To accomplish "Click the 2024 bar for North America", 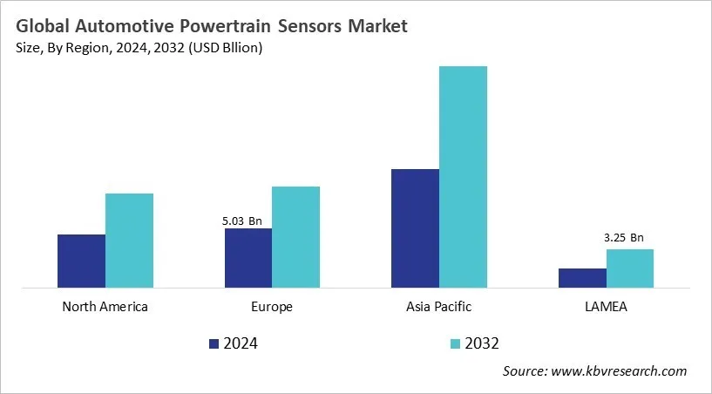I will coord(81,261).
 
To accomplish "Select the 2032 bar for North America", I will coord(129,241).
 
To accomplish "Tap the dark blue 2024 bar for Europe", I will coord(248,258).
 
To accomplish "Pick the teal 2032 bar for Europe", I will coord(295,237).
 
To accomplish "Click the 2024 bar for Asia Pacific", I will coord(415,228).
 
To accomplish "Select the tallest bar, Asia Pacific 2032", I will coord(463,177).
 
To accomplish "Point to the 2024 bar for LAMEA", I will coord(582,278).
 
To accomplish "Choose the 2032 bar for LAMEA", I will coord(629,268).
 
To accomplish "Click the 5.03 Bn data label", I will coord(241,221).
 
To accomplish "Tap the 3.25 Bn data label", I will coord(623,237).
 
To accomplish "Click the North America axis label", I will coord(105,307).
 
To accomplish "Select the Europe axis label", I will coord(272,307).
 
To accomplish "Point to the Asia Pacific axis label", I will coord(438,307).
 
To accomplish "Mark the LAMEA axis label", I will coord(606,307).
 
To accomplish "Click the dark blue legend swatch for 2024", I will coord(214,343).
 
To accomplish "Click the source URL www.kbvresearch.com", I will coord(620,371).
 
